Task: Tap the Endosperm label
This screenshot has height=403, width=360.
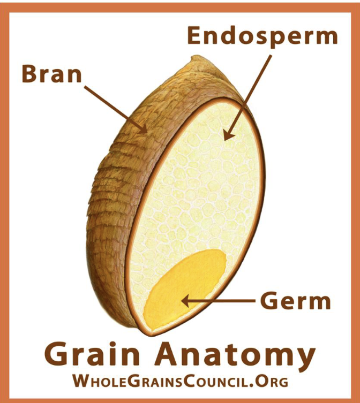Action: click(x=262, y=36)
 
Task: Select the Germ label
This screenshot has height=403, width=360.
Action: click(x=295, y=301)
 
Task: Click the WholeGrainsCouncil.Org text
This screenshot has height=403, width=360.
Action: click(x=180, y=382)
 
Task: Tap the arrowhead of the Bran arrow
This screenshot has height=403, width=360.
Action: click(x=144, y=128)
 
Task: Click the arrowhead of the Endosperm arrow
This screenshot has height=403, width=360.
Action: click(x=228, y=136)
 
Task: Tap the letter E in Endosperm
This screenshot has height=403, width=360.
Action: click(x=195, y=36)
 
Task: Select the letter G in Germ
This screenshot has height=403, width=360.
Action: click(x=269, y=301)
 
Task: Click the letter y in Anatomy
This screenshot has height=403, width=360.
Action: click(x=304, y=358)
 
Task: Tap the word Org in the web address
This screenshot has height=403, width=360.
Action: click(x=273, y=382)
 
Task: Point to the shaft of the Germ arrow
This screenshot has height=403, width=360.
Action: click(x=225, y=301)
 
